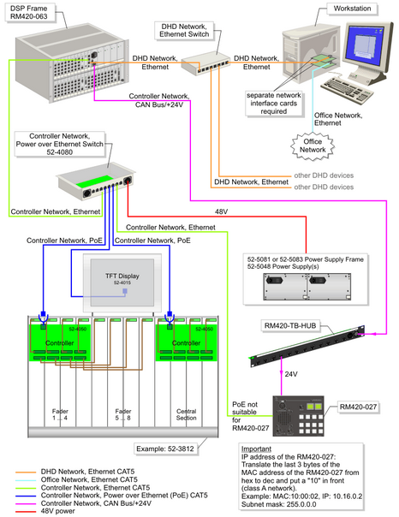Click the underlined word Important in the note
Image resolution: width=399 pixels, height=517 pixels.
259,448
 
